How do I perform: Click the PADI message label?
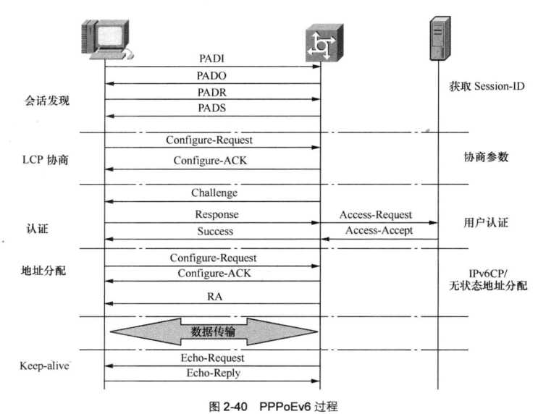(211, 58)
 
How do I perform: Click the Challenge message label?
(214, 193)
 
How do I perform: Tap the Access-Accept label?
(379, 231)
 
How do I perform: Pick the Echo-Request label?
(213, 358)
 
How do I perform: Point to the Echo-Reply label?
(213, 373)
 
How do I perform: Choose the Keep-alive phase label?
(44, 366)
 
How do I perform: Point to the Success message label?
(215, 231)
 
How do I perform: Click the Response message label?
(216, 214)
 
